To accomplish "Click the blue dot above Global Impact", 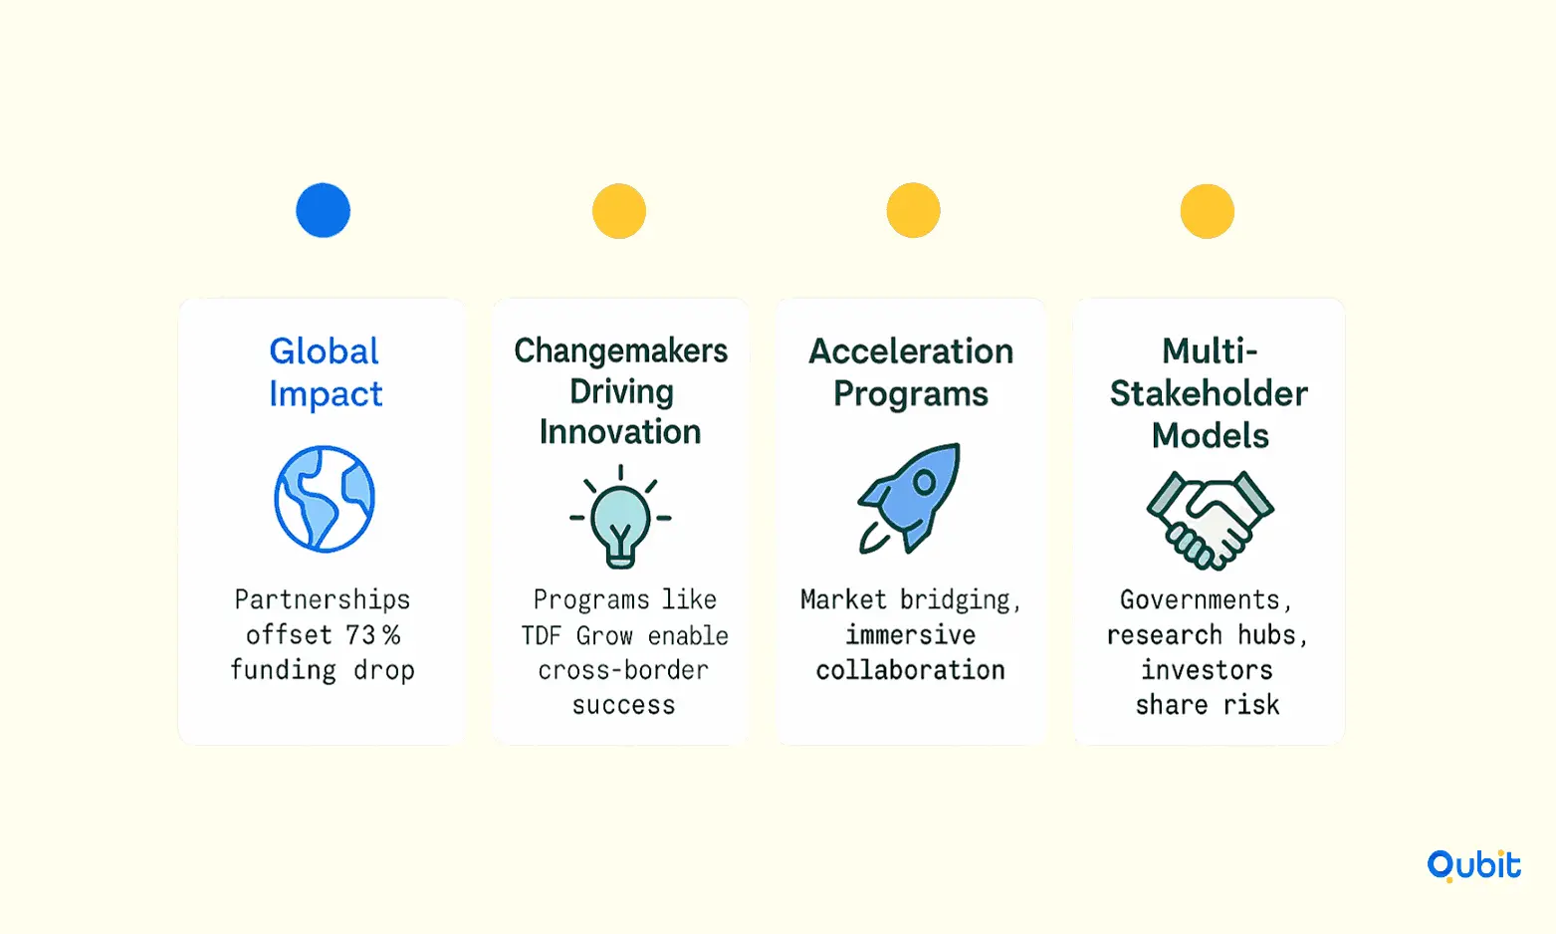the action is click(x=323, y=210).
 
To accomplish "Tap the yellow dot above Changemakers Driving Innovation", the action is click(x=619, y=210).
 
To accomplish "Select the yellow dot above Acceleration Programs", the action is click(x=914, y=210).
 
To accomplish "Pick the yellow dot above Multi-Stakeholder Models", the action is click(x=1208, y=211).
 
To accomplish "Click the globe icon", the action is click(x=325, y=499).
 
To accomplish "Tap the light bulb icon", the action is click(x=620, y=517).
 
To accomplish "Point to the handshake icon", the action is click(x=1211, y=521).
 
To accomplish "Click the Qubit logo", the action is click(x=1474, y=866).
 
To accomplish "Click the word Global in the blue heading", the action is click(x=324, y=350).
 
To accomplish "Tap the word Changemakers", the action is click(x=620, y=350).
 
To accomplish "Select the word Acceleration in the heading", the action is click(x=911, y=350).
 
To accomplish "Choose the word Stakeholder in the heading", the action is click(x=1209, y=393).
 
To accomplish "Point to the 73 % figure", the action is click(x=373, y=634).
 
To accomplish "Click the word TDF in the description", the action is click(x=541, y=635).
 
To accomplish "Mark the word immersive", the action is click(x=911, y=634).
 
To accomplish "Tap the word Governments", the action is click(x=1207, y=599).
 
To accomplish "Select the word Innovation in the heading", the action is click(x=620, y=431).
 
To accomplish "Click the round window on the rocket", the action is click(x=924, y=482).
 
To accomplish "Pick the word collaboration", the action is click(x=911, y=670).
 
